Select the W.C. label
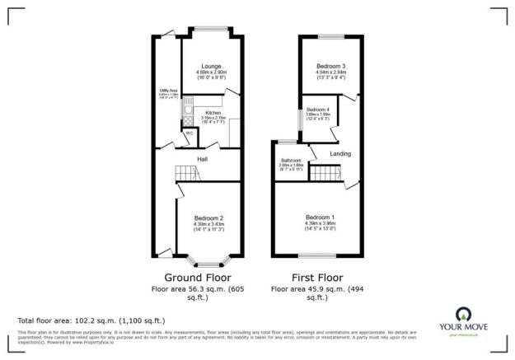189,133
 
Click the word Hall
202,159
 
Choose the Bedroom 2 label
208,217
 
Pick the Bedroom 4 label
317,110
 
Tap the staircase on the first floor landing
330,174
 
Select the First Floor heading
318,278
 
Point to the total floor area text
91,320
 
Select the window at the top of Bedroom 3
331,36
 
